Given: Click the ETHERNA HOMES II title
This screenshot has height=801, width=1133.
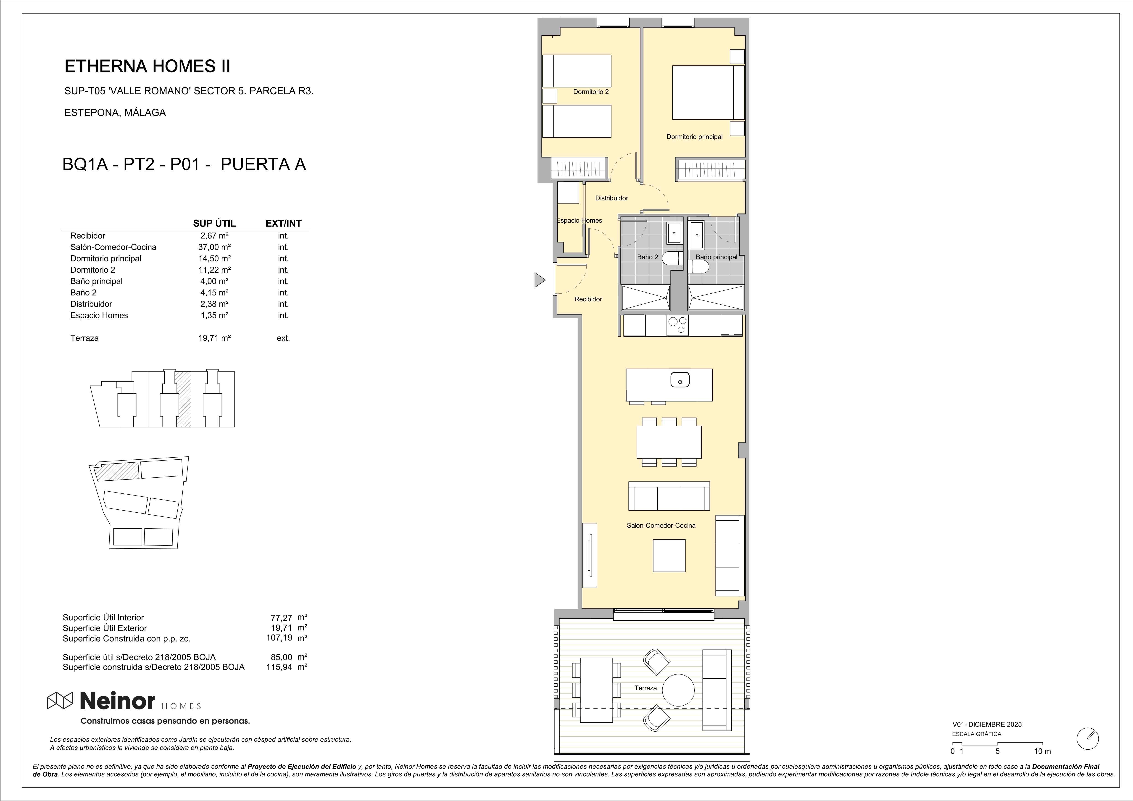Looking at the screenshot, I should (147, 66).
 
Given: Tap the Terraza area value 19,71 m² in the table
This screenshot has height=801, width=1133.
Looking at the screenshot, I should (214, 338).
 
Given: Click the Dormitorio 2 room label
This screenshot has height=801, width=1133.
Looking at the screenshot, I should (591, 92).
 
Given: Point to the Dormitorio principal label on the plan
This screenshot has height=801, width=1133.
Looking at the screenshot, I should (694, 137).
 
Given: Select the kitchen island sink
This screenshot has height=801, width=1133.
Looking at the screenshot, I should (680, 380).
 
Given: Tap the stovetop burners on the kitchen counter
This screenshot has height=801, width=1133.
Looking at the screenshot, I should (677, 325).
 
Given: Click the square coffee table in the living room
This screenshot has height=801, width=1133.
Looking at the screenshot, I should (669, 556).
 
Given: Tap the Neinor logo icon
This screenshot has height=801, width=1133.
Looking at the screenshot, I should (60, 700).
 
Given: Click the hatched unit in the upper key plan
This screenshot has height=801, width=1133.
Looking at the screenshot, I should (183, 399).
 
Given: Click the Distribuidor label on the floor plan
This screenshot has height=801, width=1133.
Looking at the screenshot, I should (611, 198).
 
